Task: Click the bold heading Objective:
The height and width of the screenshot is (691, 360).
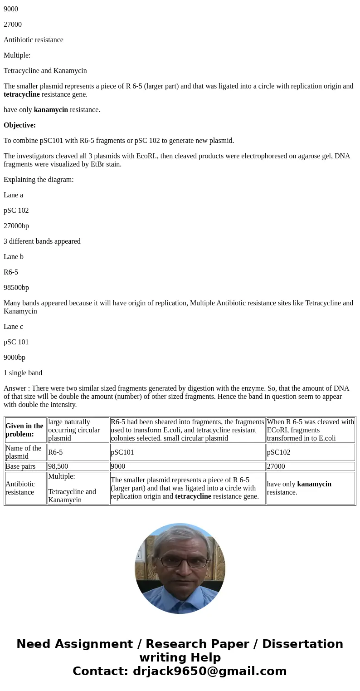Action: click(x=19, y=125)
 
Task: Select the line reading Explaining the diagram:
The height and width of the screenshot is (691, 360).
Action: click(x=39, y=180)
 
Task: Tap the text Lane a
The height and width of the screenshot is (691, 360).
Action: click(x=13, y=195)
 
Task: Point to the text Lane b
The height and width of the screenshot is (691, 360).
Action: click(x=14, y=257)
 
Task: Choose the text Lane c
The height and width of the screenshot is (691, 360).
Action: click(x=13, y=327)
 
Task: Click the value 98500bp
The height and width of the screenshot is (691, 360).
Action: click(x=16, y=288)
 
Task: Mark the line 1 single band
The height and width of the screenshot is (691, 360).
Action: click(x=23, y=373)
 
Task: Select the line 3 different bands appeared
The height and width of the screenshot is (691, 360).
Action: click(x=42, y=241)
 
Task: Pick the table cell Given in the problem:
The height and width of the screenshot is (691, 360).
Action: click(x=25, y=430)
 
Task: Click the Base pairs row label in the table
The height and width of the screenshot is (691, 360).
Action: click(x=20, y=466)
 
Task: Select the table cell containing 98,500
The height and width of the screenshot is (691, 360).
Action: click(x=58, y=466)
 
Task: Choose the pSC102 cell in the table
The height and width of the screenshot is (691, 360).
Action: click(x=278, y=452)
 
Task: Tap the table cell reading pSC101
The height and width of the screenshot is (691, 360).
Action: click(x=122, y=452)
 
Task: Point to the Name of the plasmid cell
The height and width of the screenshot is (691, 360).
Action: click(x=24, y=452)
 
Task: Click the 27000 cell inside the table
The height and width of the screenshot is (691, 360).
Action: click(x=276, y=466)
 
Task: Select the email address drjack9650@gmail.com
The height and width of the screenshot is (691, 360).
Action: click(x=209, y=671)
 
